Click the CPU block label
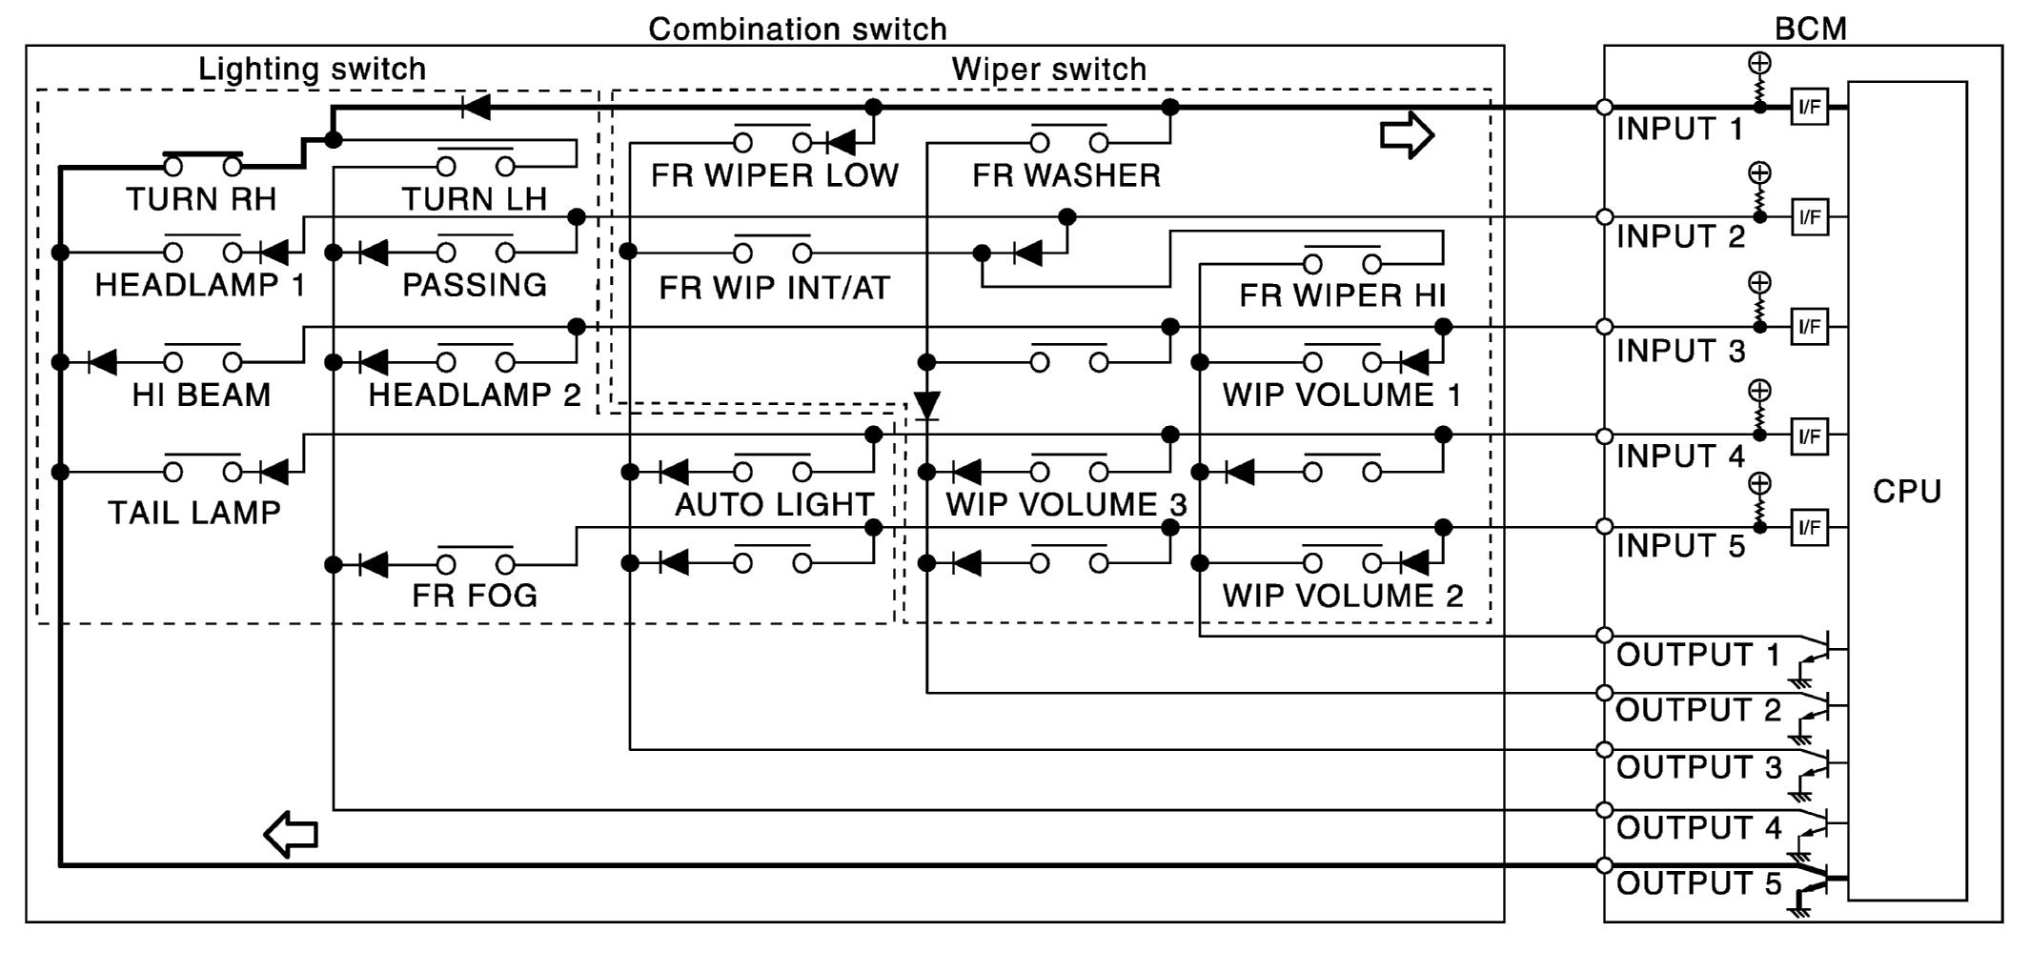[1906, 492]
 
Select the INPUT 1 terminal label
[1679, 129]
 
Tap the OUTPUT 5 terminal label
[1698, 883]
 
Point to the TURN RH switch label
[201, 199]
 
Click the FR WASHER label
[1066, 175]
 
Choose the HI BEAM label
[201, 395]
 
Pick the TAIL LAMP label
[194, 513]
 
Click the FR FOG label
[475, 596]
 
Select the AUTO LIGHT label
[774, 504]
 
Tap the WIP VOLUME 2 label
[1342, 596]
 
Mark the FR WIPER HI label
[1342, 295]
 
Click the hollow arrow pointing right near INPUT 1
[1407, 134]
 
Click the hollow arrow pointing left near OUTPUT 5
[291, 835]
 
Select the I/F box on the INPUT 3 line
[1809, 327]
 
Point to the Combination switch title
[797, 29]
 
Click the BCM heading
[1810, 29]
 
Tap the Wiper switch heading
[1048, 69]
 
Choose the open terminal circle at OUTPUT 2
[1604, 693]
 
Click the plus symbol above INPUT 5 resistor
[1759, 484]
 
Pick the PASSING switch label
[475, 285]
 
